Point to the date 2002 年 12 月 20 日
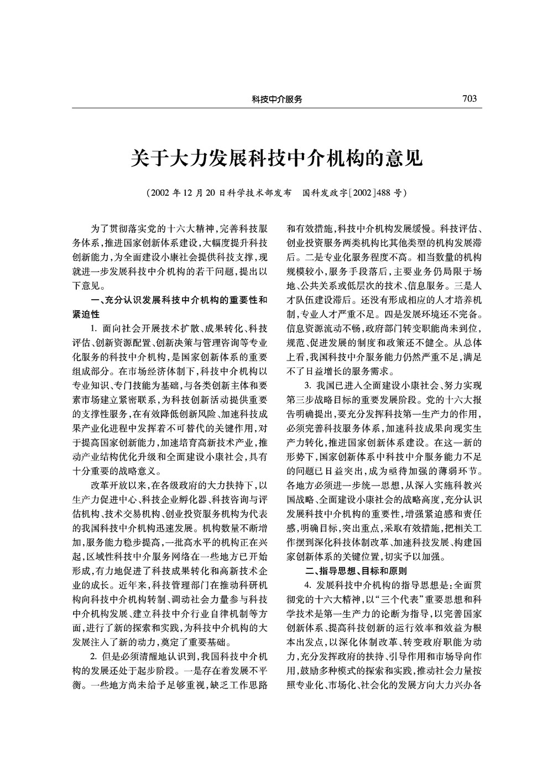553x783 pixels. point(188,194)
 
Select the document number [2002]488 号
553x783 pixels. point(378,194)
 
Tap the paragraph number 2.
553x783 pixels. point(92,656)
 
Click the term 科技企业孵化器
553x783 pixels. point(167,499)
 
